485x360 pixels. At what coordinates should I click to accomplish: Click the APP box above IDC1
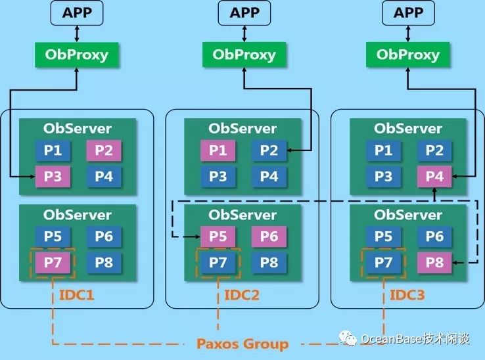78,12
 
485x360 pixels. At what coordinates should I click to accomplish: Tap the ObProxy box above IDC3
407,54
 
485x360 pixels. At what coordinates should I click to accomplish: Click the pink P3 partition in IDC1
53,176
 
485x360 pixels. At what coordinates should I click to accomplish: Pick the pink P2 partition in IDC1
104,150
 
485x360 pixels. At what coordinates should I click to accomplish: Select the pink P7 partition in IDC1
53,263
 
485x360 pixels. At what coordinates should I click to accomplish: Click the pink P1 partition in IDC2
218,150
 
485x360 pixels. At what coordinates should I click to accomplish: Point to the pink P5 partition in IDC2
218,236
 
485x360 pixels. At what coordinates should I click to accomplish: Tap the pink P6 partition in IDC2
269,236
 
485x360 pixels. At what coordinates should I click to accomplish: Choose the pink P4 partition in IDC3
434,176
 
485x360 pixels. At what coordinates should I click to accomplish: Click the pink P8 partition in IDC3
434,263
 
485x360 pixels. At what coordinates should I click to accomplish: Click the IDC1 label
77,295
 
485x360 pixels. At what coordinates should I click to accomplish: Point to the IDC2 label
242,295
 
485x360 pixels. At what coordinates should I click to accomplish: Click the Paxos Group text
242,344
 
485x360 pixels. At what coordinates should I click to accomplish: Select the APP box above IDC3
407,12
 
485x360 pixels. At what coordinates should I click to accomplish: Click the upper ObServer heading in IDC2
242,129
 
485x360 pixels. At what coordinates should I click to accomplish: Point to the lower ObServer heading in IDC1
78,215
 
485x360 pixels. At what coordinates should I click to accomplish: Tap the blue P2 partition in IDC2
269,150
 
